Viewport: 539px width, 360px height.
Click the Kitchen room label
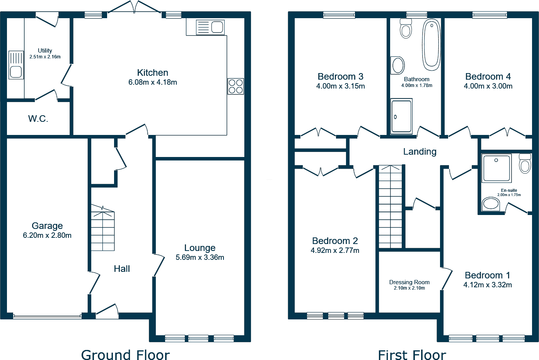152,73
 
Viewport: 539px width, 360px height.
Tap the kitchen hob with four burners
235,86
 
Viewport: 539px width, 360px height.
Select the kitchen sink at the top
210,27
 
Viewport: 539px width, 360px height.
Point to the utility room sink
16,65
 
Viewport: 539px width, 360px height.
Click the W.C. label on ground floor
38,119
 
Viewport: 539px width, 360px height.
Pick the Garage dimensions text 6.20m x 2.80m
47,235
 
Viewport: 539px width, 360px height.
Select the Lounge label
200,248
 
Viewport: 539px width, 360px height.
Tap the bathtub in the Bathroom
431,45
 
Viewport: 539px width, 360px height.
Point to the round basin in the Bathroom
398,65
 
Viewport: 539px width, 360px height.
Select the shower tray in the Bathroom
401,116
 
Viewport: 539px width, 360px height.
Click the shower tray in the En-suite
496,168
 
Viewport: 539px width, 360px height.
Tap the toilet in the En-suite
525,164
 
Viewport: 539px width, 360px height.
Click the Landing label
420,152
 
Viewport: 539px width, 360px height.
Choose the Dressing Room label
409,282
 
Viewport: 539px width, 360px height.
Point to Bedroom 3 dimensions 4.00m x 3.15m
340,86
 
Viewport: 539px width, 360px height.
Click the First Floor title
412,355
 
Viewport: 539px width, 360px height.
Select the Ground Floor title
125,355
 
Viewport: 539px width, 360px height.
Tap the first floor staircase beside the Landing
390,207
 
